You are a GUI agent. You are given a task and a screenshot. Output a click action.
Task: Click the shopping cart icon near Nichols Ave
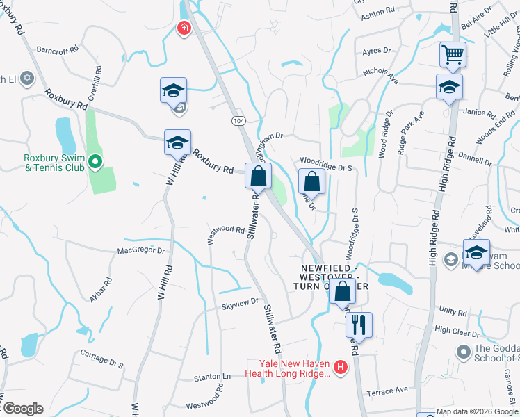[x=453, y=54]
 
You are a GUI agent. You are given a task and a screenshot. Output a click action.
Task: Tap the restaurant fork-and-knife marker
[x=359, y=324]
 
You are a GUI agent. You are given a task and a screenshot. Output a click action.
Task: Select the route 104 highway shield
[x=238, y=120]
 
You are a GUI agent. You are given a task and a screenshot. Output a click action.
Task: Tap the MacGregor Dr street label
[x=141, y=250]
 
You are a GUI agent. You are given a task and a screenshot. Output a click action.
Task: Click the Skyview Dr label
[x=240, y=302]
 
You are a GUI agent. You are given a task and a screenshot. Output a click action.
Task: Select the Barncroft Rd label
[x=59, y=50]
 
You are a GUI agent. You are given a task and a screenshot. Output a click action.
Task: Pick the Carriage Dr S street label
[x=102, y=363]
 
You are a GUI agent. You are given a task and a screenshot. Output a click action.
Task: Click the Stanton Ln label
[x=211, y=377]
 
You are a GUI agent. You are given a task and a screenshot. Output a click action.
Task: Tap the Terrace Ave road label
[x=388, y=391]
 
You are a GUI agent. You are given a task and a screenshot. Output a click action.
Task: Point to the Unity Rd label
[x=453, y=311]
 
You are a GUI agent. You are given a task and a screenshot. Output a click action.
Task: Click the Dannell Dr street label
[x=475, y=159]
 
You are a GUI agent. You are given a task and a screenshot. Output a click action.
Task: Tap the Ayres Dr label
[x=378, y=52]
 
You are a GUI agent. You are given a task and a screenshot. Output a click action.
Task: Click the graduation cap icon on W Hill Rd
[x=177, y=143]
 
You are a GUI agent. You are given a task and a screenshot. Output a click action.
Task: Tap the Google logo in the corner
[x=23, y=409]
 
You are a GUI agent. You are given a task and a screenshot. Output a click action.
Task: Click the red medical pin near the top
[x=184, y=28]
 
